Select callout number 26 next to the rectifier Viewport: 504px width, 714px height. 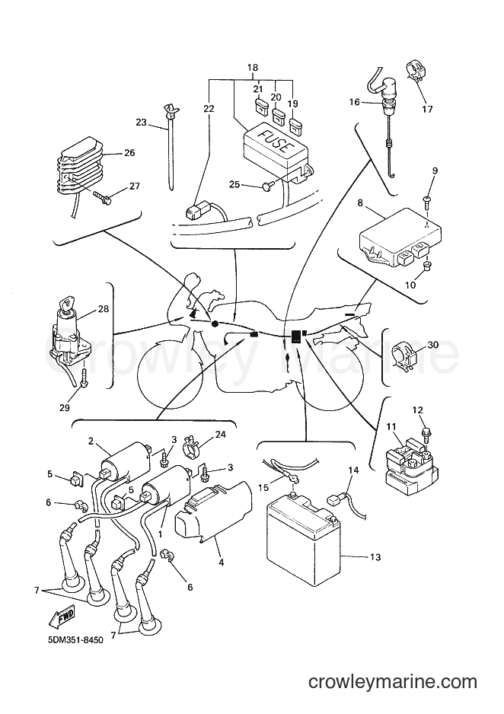click(129, 152)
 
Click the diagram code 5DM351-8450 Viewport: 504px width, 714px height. click(75, 639)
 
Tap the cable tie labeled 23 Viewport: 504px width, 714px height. click(171, 145)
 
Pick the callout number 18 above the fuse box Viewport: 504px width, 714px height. click(252, 68)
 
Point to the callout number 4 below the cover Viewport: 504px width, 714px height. click(222, 562)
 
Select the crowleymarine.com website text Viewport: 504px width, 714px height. click(392, 682)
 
